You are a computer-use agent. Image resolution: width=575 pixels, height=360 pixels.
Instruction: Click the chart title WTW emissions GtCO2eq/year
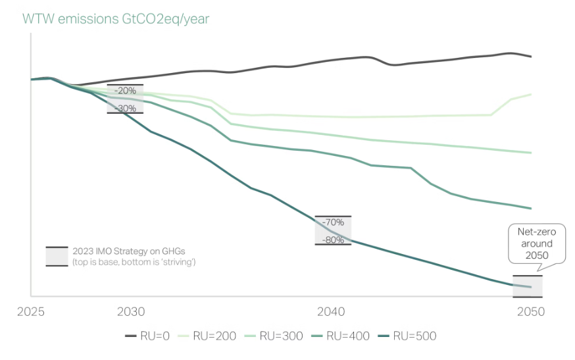116,19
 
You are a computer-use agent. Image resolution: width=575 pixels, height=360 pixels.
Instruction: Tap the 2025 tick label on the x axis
31,311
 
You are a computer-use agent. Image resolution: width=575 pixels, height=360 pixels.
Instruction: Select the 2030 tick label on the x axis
131,311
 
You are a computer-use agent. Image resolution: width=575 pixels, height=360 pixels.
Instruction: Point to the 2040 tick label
331,311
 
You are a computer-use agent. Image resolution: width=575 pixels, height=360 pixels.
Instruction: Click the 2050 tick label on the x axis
531,311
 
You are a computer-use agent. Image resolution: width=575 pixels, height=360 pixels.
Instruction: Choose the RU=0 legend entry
147,336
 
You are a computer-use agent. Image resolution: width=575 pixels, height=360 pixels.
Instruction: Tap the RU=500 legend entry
413,336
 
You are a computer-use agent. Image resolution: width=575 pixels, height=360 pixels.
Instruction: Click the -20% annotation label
125,91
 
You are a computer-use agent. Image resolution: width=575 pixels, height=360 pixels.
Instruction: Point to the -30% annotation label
125,108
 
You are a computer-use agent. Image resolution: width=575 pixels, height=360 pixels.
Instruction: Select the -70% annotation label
333,222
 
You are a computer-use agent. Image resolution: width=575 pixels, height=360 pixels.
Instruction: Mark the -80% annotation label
333,240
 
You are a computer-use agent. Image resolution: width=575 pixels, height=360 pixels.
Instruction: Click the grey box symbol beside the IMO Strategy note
57,256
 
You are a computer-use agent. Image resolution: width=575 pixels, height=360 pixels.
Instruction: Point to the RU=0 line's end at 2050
531,57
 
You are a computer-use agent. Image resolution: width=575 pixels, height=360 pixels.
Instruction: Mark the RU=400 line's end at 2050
531,209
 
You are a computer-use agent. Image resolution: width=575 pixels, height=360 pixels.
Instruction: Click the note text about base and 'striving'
134,262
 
